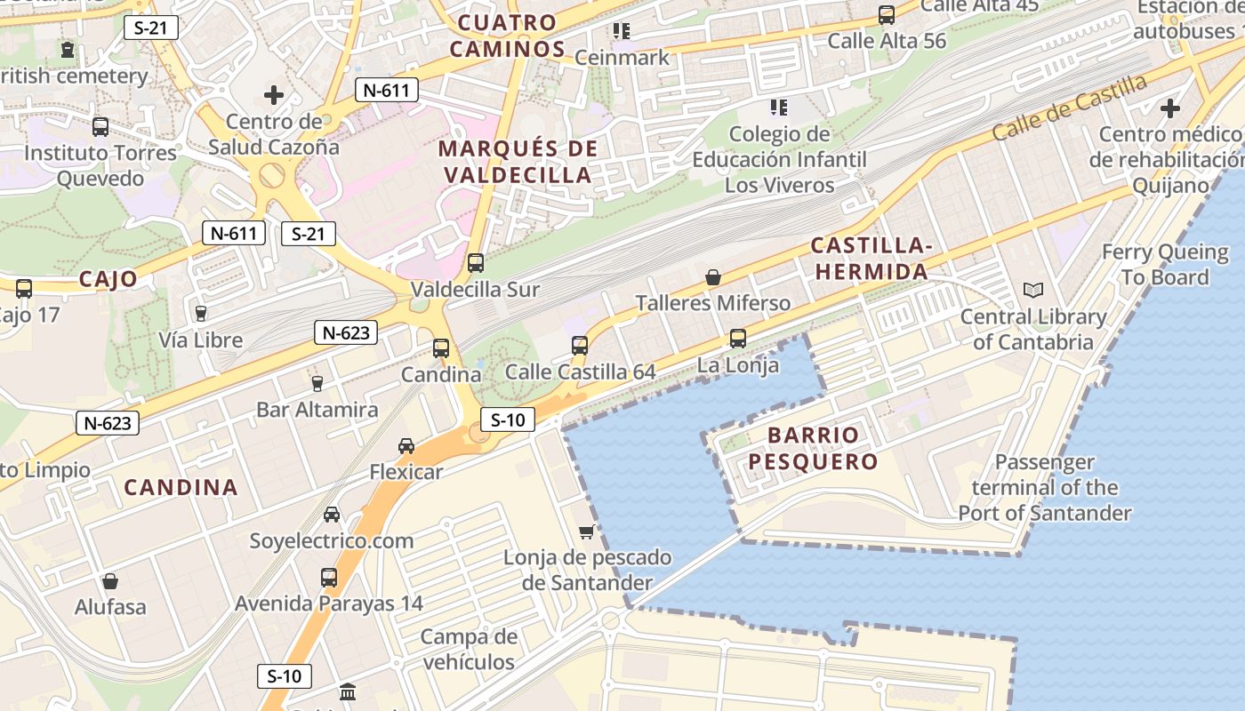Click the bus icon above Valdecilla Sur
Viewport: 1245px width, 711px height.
[476, 263]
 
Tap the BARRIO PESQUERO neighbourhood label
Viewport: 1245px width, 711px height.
[812, 448]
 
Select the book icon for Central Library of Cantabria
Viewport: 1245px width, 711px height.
[1033, 290]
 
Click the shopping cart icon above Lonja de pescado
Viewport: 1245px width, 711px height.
[586, 531]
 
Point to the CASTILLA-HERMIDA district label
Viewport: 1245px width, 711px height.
[871, 259]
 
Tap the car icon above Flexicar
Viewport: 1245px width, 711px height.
[406, 445]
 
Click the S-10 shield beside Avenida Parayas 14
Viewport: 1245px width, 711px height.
[285, 675]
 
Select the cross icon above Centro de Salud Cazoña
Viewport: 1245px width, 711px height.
[274, 94]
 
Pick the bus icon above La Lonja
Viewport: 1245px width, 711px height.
[737, 339]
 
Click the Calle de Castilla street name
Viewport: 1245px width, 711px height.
[1069, 108]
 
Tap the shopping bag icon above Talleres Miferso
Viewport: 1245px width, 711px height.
[713, 277]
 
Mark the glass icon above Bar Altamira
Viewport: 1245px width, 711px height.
[317, 383]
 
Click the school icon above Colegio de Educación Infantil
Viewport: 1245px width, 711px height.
[779, 108]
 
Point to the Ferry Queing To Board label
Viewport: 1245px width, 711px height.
[1164, 264]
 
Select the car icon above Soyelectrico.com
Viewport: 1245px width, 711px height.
[332, 514]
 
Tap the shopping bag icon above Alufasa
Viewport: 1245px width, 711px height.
[110, 581]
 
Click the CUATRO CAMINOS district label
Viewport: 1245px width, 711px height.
[507, 36]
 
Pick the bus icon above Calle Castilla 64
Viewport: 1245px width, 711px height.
[580, 345]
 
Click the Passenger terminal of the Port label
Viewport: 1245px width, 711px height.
[1045, 487]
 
